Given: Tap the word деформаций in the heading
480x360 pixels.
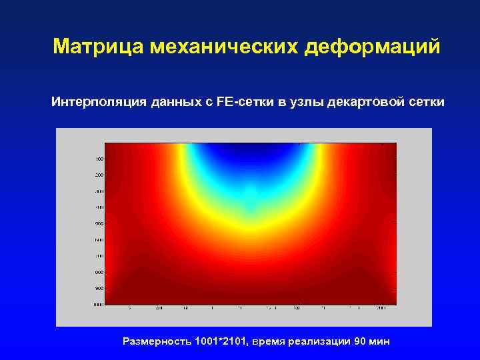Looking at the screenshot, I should click(x=373, y=47).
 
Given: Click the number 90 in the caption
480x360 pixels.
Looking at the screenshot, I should click(x=360, y=341).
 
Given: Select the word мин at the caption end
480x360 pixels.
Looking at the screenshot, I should click(x=380, y=341).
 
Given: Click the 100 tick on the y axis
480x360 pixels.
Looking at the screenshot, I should click(x=99, y=159).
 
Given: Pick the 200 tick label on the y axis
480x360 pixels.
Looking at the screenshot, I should click(x=99, y=175).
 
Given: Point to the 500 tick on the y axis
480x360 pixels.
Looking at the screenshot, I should click(x=99, y=223).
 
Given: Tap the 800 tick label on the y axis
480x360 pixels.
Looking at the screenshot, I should click(x=99, y=272).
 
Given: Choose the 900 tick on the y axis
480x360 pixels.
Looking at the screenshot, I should click(x=99, y=288).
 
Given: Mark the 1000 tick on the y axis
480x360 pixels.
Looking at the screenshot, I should click(x=98, y=304).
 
